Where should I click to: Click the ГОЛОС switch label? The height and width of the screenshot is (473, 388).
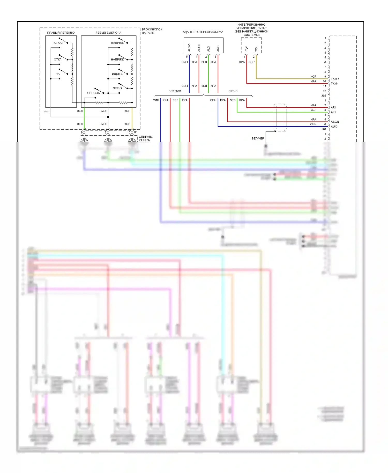click(x=57, y=43)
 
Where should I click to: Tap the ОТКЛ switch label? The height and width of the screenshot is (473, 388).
click(x=57, y=60)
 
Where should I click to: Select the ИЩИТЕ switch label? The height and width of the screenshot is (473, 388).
click(x=117, y=74)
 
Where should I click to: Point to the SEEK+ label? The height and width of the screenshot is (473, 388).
click(x=117, y=88)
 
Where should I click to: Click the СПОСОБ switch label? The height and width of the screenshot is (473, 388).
click(x=93, y=93)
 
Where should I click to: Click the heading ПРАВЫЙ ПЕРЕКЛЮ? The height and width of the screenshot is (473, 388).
click(x=61, y=33)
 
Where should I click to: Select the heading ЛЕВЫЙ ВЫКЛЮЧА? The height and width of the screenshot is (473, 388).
click(x=108, y=33)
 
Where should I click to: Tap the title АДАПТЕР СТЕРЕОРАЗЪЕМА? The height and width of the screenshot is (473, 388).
click(x=203, y=32)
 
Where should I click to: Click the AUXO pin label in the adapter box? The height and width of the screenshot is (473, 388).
click(x=189, y=47)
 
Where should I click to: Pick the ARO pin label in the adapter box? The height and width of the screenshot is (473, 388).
click(x=218, y=48)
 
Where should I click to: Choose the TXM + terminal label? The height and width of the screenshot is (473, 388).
click(x=335, y=79)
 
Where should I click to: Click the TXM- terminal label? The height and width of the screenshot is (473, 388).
click(x=334, y=84)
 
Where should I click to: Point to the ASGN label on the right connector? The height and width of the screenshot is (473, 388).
click(x=335, y=122)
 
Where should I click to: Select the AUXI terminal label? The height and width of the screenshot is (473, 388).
click(x=334, y=127)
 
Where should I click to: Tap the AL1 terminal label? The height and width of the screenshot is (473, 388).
click(x=333, y=112)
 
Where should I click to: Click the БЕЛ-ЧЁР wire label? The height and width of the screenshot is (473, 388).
click(x=258, y=139)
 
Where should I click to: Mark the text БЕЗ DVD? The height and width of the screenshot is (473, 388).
click(x=175, y=91)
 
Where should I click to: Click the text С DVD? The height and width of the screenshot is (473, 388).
click(x=233, y=91)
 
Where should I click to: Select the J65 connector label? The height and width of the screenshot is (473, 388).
click(x=324, y=96)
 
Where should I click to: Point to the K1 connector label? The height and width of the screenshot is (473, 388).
click(x=136, y=132)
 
